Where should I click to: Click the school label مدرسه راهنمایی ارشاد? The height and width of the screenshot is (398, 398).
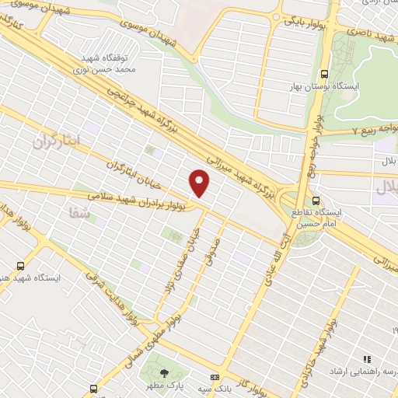(x=362, y=372)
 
